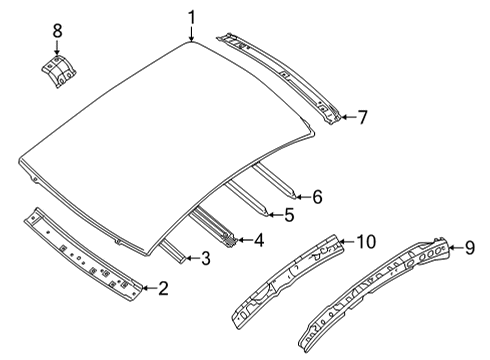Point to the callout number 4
coord(259,240)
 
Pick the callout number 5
coord(288,214)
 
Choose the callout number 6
coord(317,197)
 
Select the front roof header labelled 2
coord(85,256)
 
